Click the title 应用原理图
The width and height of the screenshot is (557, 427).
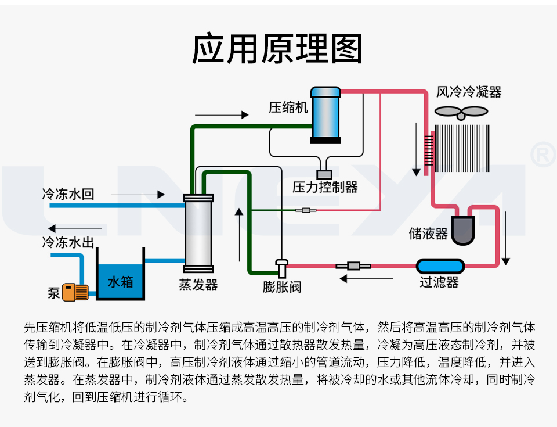click(x=277, y=49)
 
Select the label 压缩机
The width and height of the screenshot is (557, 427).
click(x=287, y=108)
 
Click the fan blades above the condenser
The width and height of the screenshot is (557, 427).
click(x=460, y=112)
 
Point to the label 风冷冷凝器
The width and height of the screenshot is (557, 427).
click(x=469, y=92)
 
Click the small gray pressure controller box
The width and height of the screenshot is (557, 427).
click(x=324, y=173)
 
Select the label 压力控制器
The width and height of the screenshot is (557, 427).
click(x=325, y=187)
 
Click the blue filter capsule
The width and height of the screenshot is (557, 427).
click(x=441, y=266)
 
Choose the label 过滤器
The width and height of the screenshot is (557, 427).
click(x=439, y=283)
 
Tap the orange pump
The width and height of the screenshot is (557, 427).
click(x=75, y=292)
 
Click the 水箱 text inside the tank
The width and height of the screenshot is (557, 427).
click(x=120, y=282)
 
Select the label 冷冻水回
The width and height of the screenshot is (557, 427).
click(x=68, y=194)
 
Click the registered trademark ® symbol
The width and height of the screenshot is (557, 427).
click(x=543, y=154)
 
